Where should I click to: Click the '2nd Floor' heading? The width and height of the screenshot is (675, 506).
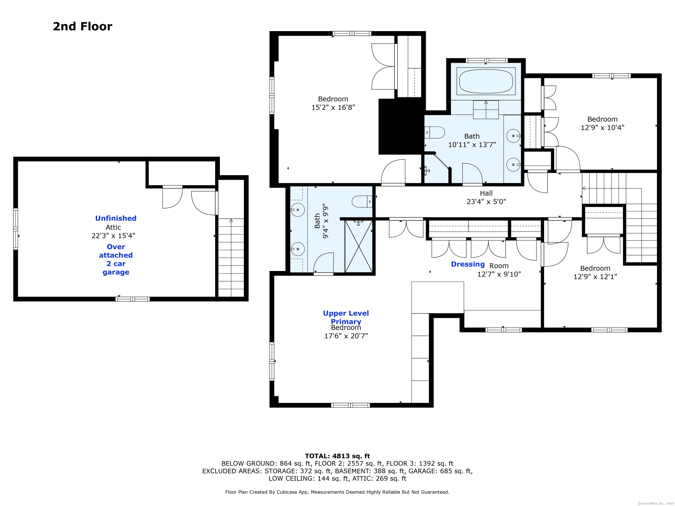(82, 27)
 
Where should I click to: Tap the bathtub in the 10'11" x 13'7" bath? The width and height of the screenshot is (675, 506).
(486, 81)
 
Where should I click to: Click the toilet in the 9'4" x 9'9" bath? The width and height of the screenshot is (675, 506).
(362, 202)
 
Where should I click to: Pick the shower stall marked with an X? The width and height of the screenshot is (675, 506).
(359, 246)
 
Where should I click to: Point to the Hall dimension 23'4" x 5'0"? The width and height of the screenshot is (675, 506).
(486, 202)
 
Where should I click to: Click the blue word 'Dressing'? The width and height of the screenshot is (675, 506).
(468, 264)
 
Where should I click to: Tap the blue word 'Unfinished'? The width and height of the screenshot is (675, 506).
(116, 218)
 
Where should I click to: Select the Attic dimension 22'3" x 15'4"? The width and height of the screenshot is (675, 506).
(113, 236)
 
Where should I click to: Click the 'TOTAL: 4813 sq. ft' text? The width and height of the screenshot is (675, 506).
(337, 456)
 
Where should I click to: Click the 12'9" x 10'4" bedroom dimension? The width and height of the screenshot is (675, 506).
(602, 128)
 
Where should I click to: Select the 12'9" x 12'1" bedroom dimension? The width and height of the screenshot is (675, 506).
(595, 277)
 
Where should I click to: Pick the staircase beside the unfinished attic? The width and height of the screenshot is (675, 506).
(231, 257)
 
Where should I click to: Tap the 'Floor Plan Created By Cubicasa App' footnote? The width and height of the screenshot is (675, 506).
(337, 492)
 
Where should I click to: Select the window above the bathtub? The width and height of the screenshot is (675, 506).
(487, 60)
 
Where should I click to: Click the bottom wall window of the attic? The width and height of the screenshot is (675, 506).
(132, 299)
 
